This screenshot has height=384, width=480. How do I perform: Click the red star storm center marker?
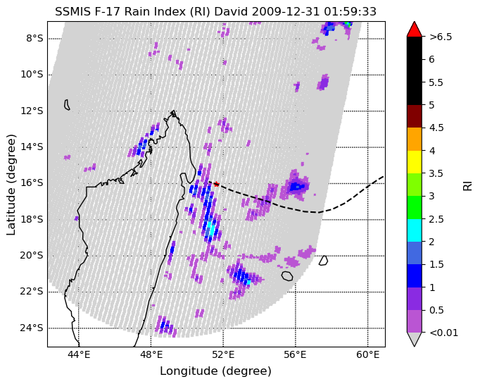217,184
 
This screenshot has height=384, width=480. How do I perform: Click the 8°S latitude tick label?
34,39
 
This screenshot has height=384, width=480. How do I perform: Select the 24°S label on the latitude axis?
32,328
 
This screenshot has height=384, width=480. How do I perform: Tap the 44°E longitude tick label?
79,355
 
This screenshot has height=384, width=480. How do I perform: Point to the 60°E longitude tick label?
367,355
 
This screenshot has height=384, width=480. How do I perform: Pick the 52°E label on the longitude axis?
223,355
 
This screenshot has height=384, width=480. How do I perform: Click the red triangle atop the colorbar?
414,29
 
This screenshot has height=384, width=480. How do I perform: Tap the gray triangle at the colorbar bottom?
414,339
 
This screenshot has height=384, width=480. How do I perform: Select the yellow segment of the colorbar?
414,162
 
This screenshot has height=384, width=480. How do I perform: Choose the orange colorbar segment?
414,139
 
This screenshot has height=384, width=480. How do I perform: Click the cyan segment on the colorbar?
414,230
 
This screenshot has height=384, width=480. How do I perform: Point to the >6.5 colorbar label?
441,37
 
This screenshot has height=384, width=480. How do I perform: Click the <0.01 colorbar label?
444,333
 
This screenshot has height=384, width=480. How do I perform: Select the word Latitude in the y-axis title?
11,211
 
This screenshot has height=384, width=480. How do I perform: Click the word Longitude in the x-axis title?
188,371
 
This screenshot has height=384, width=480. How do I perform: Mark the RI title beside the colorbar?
468,186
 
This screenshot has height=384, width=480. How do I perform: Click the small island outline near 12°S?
67,105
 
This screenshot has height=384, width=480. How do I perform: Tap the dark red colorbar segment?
414,116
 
